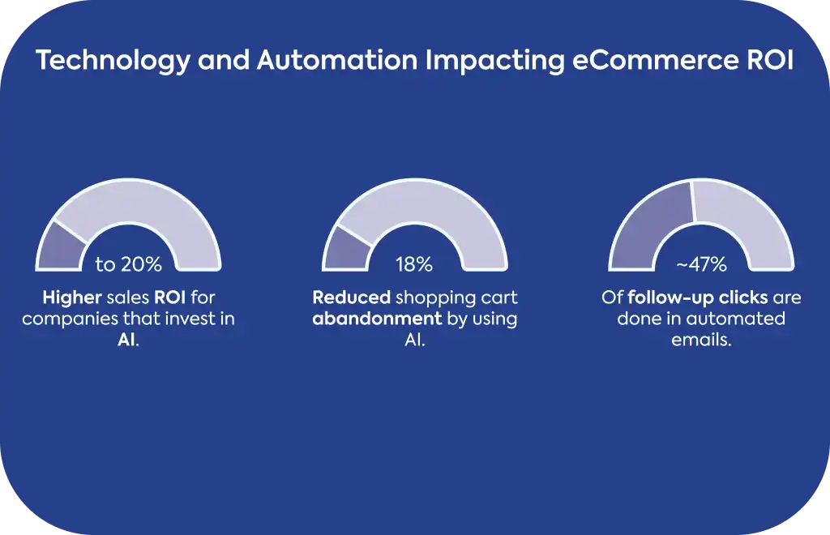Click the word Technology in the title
113,60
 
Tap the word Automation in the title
337,60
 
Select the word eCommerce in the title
655,60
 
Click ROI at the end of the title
770,60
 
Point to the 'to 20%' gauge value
129,263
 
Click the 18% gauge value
414,263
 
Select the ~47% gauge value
701,263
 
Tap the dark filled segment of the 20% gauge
60,248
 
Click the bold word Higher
72,298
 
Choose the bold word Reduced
352,297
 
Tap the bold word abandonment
377,319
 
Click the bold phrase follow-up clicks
698,297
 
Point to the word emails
701,340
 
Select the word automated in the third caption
736,319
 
